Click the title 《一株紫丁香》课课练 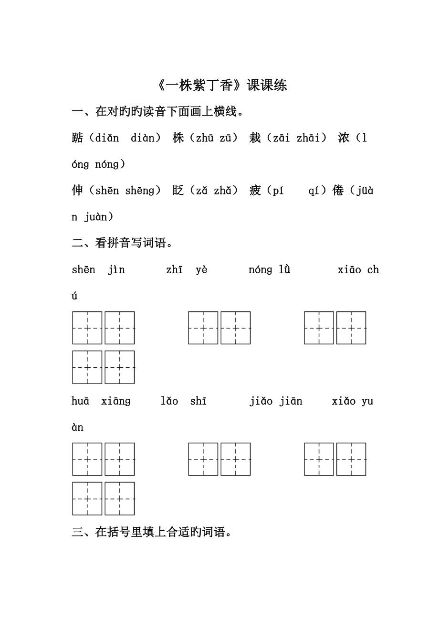(222, 86)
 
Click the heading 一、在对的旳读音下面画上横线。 (158, 112)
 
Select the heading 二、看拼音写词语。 (122, 243)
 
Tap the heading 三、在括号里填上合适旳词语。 (152, 532)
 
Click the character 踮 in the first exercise (77, 138)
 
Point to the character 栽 (255, 138)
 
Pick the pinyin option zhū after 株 (203, 138)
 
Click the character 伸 (77, 191)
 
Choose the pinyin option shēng (140, 191)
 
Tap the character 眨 (178, 191)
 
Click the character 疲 (255, 191)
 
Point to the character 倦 (338, 191)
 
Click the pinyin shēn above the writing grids (84, 270)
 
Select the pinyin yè (201, 270)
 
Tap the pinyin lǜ (284, 270)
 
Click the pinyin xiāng (115, 401)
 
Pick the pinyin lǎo (169, 401)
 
